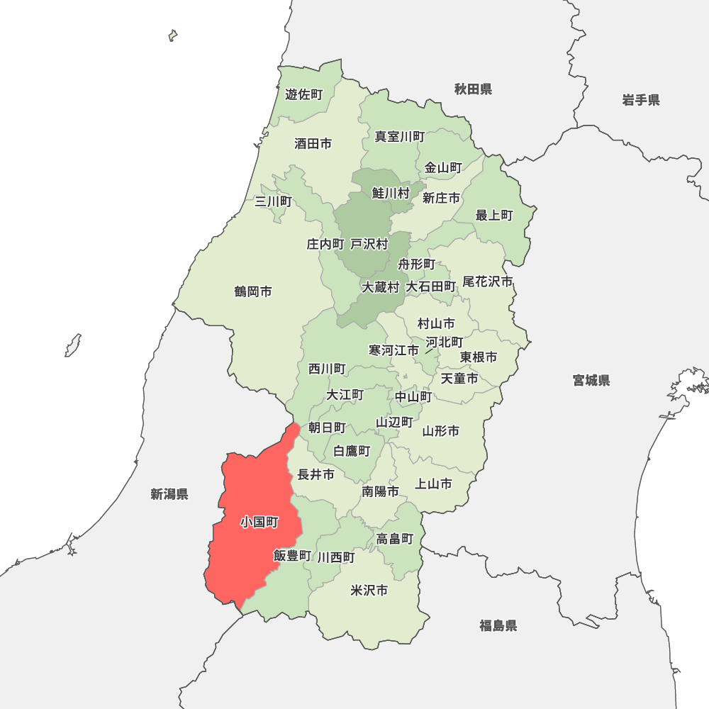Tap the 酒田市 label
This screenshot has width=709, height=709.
313,144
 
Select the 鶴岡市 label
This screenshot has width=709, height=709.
253,291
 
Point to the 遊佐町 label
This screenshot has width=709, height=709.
303,94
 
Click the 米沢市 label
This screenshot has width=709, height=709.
369,590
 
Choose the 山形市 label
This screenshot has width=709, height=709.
441,430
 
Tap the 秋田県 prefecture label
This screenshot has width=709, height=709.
473,89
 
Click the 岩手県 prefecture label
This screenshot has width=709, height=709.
641,100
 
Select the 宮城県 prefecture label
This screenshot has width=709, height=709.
591,381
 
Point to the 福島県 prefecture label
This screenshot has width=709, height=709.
498,625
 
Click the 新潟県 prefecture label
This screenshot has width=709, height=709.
169,494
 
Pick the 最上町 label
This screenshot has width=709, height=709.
494,216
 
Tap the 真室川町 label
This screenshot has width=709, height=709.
400,137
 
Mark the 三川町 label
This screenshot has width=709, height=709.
273,201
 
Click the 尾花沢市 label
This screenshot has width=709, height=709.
488,281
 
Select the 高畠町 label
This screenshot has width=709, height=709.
395,539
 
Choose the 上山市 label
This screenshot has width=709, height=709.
433,484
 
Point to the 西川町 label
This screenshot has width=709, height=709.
327,369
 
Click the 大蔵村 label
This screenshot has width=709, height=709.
381,287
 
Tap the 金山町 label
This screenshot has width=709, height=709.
443,168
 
